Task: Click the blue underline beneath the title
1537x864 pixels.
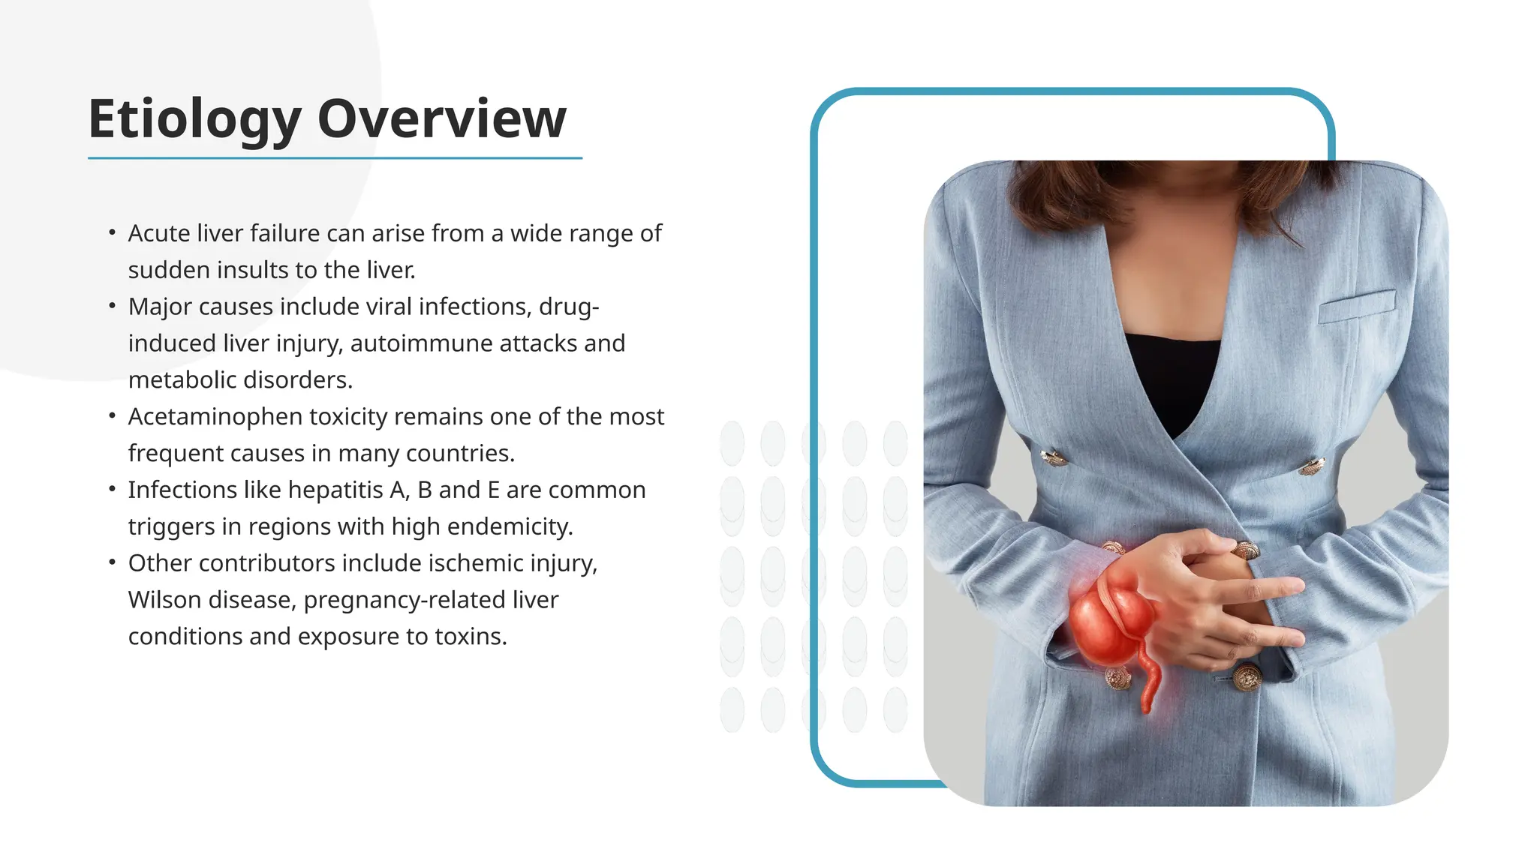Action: click(x=335, y=158)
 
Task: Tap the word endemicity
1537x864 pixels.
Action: click(x=510, y=526)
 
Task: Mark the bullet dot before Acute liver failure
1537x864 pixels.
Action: click(x=112, y=232)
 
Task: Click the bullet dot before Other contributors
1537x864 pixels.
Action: click(x=112, y=562)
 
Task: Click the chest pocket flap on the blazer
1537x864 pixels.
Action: click(x=1357, y=306)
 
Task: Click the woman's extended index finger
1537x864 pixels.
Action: click(x=1268, y=589)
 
